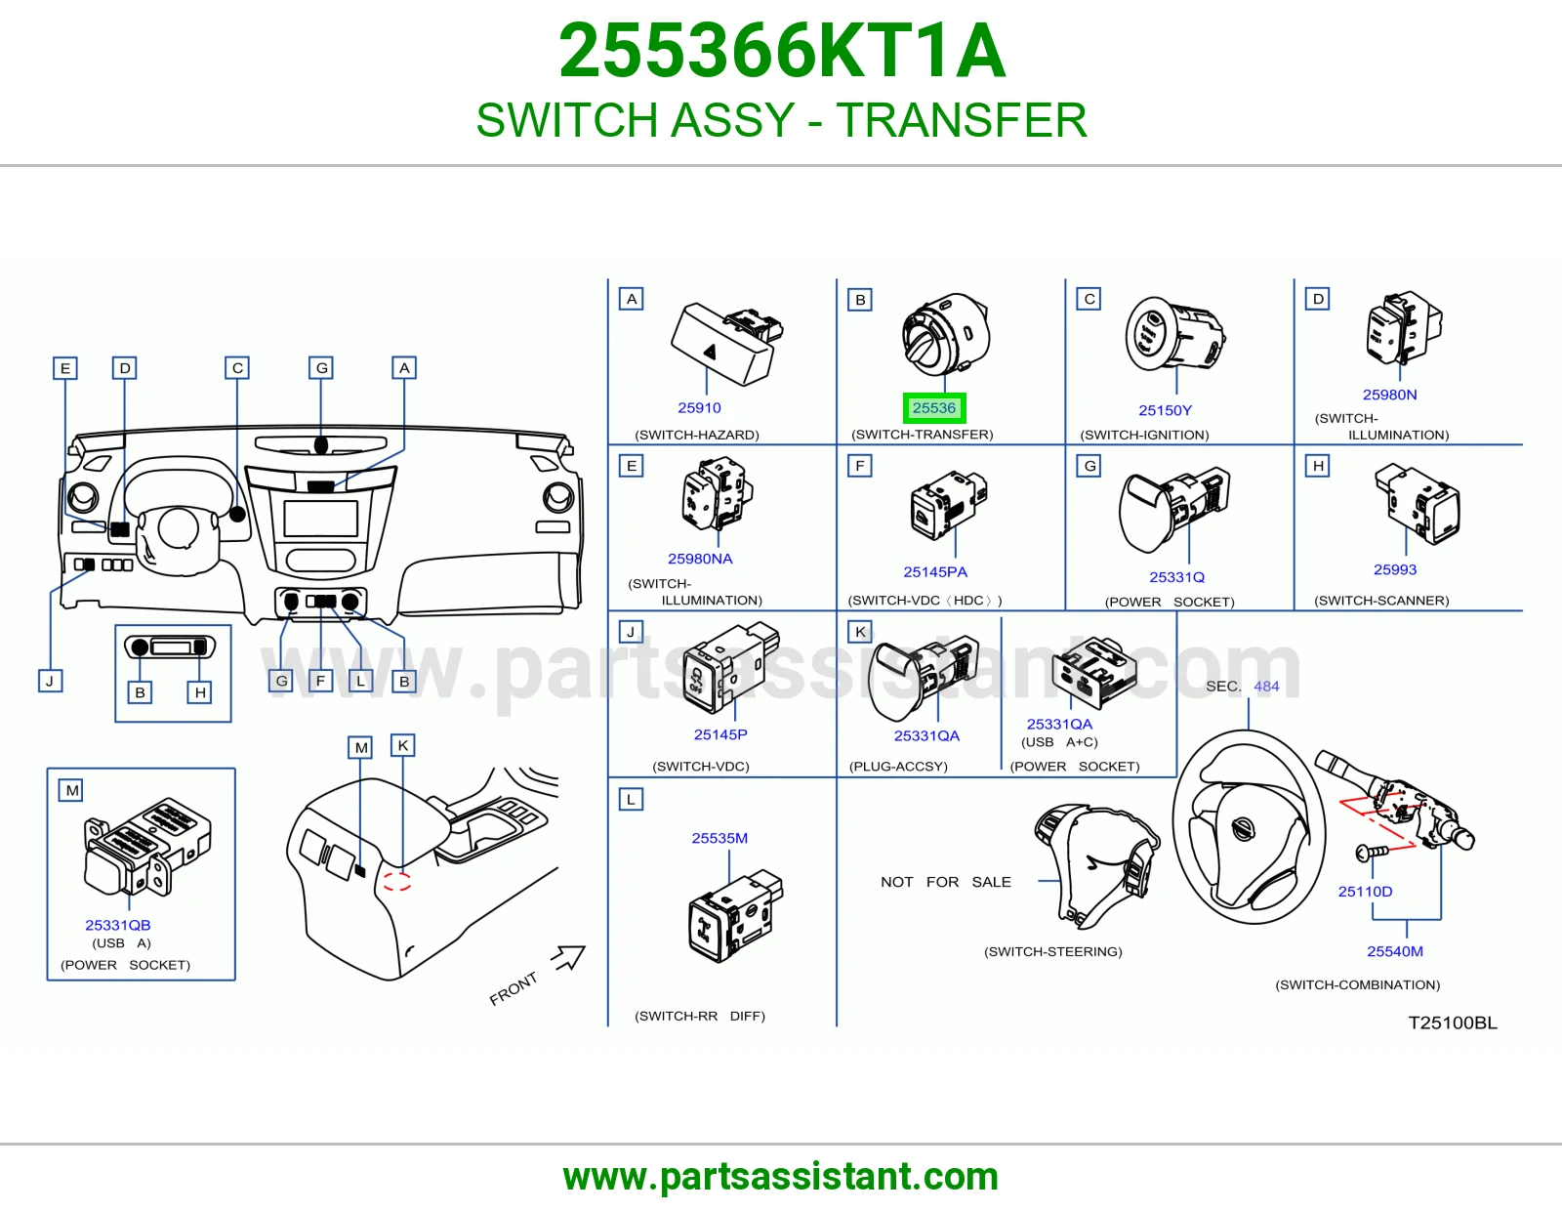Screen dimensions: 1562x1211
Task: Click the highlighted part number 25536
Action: pyautogui.click(x=933, y=408)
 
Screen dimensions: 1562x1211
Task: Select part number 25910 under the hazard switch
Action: pyautogui.click(x=699, y=408)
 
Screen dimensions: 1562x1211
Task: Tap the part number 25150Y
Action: pyautogui.click(x=1165, y=410)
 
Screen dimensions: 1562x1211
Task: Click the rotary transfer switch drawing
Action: pyautogui.click(x=946, y=334)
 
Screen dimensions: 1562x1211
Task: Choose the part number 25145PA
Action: pyautogui.click(x=934, y=571)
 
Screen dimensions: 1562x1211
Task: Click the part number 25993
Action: pyautogui.click(x=1394, y=569)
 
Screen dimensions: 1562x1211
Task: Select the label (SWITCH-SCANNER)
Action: pyautogui.click(x=1380, y=601)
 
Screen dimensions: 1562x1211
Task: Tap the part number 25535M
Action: pyautogui.click(x=719, y=838)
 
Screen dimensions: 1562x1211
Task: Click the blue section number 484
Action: pyautogui.click(x=1266, y=686)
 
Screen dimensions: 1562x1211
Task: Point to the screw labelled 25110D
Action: pyautogui.click(x=1372, y=853)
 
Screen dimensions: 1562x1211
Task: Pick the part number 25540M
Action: pyautogui.click(x=1394, y=951)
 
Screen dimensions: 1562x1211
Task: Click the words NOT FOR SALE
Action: pyautogui.click(x=945, y=882)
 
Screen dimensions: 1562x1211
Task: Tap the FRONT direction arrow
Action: pyautogui.click(x=568, y=957)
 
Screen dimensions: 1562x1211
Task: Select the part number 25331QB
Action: pyautogui.click(x=118, y=925)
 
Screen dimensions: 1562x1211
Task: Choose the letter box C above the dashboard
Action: pyautogui.click(x=237, y=368)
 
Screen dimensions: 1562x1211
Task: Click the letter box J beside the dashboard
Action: pyautogui.click(x=51, y=681)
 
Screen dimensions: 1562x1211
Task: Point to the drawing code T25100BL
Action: pyautogui.click(x=1452, y=1023)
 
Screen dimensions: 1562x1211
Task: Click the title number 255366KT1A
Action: pyautogui.click(x=781, y=51)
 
